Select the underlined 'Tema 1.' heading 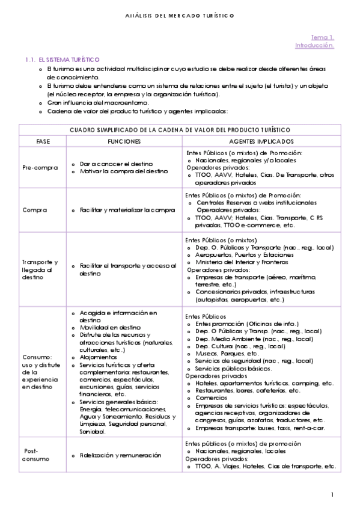[x=322, y=37]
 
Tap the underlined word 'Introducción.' [x=314, y=45]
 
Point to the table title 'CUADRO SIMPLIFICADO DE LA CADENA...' [x=180, y=130]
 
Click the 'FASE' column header [x=43, y=141]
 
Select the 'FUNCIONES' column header [x=124, y=141]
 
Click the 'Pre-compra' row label [x=40, y=168]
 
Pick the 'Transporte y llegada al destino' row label [x=40, y=269]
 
